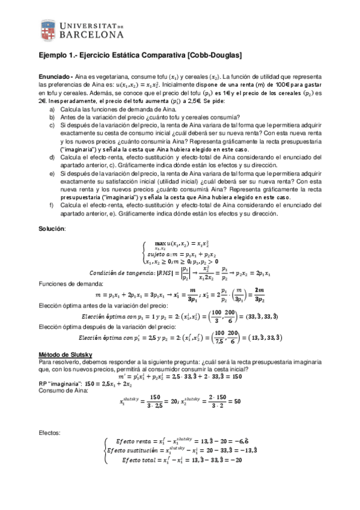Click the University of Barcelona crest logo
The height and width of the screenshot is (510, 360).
[x=49, y=30]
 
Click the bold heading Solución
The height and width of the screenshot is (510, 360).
[x=52, y=229]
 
